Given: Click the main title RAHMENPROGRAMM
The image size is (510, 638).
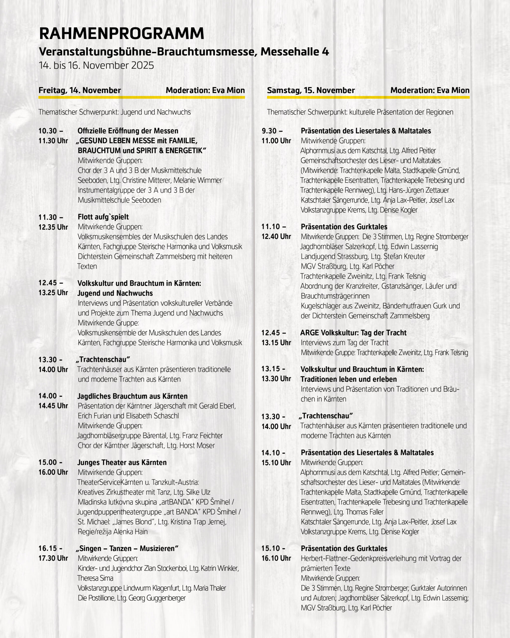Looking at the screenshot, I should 122,33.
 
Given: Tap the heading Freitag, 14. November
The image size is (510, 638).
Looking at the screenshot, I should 80,90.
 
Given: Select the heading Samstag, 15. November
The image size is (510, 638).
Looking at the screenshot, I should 311,90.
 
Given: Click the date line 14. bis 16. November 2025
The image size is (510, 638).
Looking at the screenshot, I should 96,65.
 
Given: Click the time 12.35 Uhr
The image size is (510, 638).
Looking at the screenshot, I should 53,227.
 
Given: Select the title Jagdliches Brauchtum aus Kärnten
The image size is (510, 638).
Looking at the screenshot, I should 132,396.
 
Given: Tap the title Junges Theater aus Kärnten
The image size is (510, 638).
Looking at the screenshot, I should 122,462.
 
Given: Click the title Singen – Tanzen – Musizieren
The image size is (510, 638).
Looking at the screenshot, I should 127,548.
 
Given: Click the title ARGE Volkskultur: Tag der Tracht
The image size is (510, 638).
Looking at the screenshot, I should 353,333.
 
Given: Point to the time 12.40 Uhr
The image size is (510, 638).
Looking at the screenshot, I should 276,237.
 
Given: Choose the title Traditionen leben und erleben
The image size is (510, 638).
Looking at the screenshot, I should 349,379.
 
